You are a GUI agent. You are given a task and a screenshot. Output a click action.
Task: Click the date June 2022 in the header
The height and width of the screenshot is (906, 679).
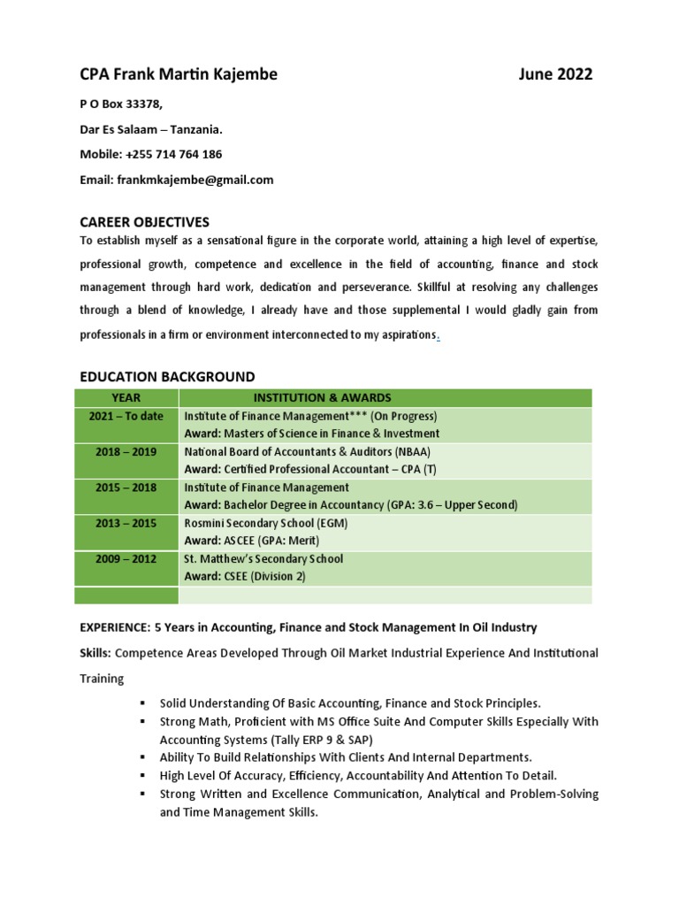[555, 74]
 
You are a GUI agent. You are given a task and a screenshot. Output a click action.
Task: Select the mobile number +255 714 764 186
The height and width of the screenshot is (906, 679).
[174, 154]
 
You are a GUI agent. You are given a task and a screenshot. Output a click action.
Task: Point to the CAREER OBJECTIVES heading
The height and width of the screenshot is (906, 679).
[144, 221]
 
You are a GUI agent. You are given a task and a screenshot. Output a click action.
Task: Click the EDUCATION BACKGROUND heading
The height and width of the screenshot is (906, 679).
[167, 377]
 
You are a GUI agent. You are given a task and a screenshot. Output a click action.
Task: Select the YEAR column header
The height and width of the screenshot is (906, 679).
[126, 398]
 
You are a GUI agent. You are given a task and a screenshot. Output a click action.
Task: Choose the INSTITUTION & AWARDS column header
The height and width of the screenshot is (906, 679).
[322, 398]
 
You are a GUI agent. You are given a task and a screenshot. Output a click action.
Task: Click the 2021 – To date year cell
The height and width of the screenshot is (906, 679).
[126, 417]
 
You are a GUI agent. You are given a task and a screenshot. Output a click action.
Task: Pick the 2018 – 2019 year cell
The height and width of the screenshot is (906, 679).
[126, 452]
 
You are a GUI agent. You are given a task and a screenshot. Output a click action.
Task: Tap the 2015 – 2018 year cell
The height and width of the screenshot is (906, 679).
[126, 488]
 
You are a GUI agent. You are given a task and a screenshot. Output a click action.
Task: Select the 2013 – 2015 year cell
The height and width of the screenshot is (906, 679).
[126, 524]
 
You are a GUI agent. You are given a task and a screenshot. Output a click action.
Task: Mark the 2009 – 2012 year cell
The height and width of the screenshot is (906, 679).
[126, 559]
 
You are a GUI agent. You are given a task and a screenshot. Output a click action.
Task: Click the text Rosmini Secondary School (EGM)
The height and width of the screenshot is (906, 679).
[265, 524]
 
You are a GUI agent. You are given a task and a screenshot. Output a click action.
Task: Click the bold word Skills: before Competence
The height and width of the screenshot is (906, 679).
[95, 653]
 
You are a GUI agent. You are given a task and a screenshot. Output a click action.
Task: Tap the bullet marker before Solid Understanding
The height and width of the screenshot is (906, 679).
[141, 703]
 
